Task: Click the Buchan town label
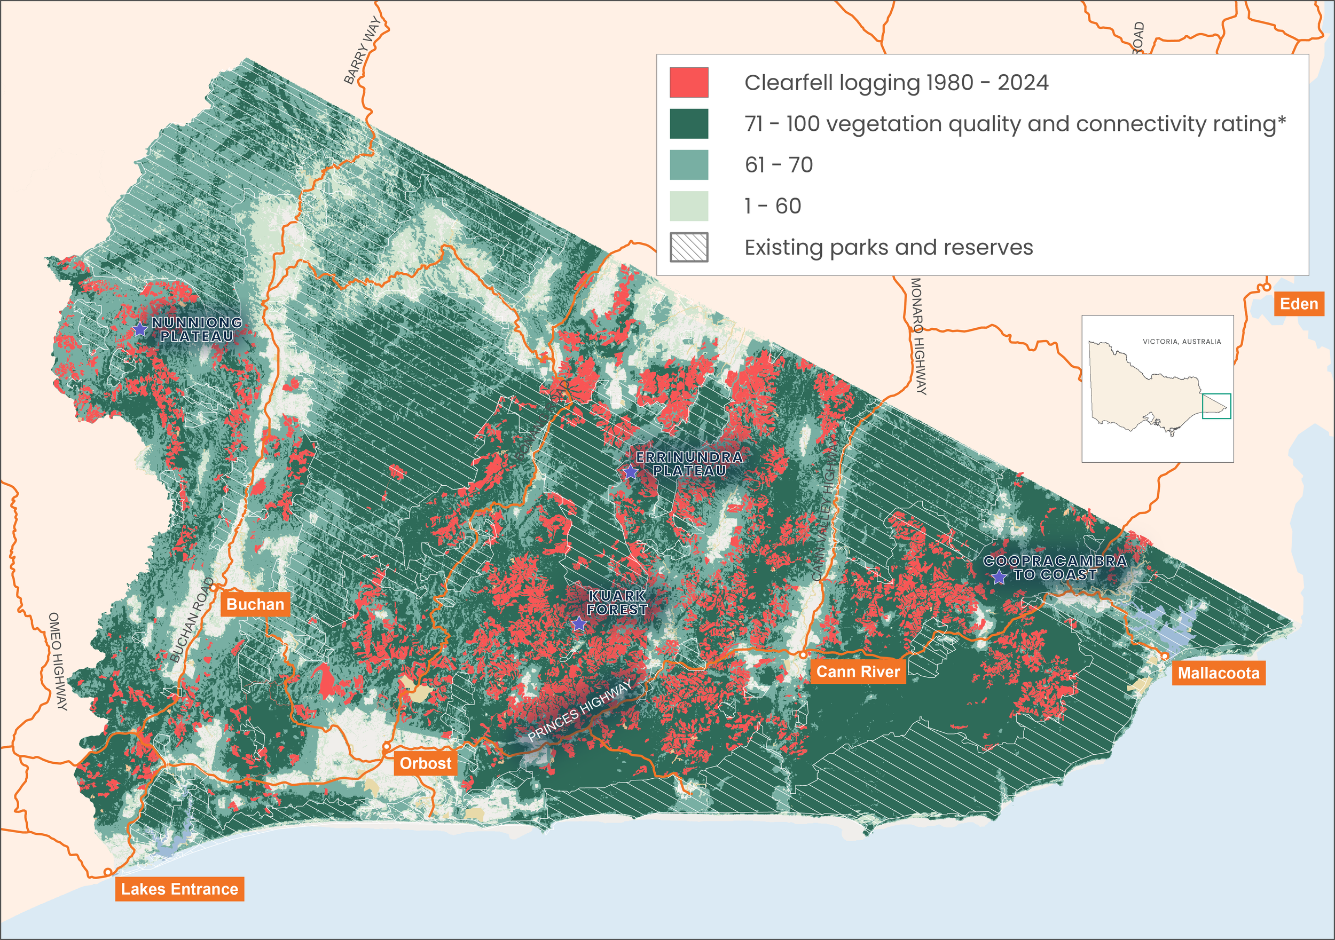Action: [255, 604]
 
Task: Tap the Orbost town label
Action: [425, 763]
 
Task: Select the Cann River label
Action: [858, 672]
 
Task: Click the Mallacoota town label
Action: [1218, 674]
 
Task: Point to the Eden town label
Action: [1298, 304]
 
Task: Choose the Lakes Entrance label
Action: [179, 889]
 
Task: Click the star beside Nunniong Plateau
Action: [139, 329]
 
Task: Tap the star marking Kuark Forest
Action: [578, 625]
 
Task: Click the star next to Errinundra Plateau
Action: [630, 471]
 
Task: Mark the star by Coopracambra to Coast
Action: [999, 577]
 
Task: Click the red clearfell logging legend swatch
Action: [688, 83]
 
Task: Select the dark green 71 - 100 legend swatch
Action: [688, 124]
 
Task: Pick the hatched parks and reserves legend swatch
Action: [688, 247]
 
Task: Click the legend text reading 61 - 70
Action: [778, 165]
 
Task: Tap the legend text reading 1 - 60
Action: [772, 207]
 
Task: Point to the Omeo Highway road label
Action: [58, 661]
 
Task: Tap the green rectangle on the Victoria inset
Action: [1216, 406]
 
